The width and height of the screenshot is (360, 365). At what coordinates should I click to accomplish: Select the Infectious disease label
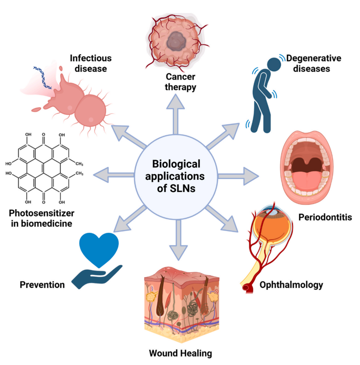(91, 63)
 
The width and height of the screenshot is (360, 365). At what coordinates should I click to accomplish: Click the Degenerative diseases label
(313, 63)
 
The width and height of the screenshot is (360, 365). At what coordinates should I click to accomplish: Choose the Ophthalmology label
(291, 285)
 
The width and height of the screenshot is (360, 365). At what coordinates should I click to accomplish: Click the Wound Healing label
(180, 353)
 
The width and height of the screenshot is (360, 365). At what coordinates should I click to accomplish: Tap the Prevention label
(42, 285)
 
